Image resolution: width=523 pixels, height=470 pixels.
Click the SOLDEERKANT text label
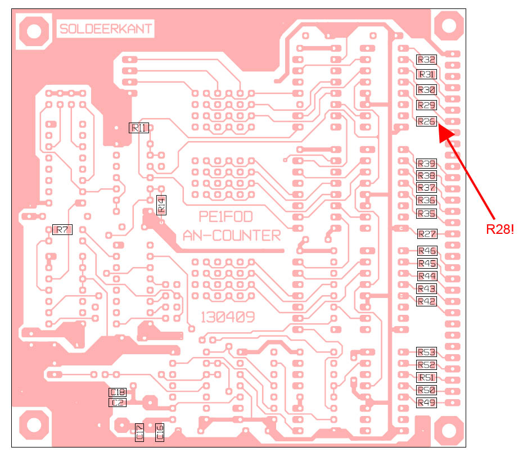click(105, 29)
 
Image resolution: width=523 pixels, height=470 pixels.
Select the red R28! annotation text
click(501, 229)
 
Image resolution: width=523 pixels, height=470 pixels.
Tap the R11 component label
click(139, 128)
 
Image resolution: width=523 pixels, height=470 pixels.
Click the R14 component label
click(161, 205)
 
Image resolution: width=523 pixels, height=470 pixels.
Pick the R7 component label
click(62, 229)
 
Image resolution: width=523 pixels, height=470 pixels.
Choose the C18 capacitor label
click(118, 392)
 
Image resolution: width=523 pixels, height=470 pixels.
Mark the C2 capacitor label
click(118, 402)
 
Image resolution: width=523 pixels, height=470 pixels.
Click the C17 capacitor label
click(139, 432)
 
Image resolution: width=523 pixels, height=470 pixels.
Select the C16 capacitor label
click(160, 432)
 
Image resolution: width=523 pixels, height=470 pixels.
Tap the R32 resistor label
click(426, 59)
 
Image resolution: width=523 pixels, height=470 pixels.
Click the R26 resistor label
click(426, 121)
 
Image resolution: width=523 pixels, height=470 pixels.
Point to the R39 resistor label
click(426, 164)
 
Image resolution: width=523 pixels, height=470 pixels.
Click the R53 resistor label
click(426, 352)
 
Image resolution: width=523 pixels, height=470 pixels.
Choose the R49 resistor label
click(426, 403)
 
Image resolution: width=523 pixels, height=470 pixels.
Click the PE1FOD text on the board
click(226, 217)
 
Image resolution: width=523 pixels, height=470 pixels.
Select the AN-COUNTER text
click(232, 236)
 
